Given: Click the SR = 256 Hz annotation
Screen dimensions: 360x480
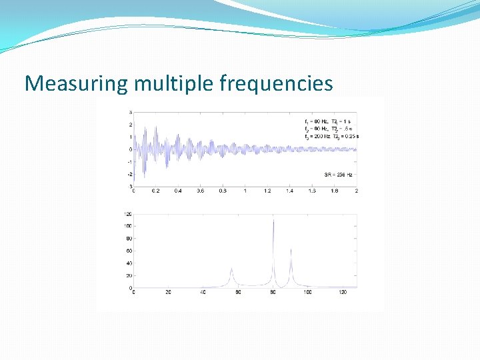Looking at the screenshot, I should pos(338,175).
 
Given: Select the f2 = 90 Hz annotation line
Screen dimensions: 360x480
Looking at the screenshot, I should pos(331,129).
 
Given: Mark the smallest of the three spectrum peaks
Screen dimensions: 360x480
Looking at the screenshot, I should pos(231,269).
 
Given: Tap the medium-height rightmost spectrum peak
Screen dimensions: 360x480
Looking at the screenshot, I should pos(291,251).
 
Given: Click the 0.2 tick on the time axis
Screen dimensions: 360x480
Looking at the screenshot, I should pos(155,191).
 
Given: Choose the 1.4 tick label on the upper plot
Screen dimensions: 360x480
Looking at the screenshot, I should pos(289,191).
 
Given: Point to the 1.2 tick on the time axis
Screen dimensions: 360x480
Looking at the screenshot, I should pos(267,191).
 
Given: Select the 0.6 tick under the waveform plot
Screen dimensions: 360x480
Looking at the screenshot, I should pos(200,191).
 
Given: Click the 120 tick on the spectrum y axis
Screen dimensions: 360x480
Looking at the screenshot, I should pos(127,214).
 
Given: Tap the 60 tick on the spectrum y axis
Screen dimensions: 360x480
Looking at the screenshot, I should pos(129,251).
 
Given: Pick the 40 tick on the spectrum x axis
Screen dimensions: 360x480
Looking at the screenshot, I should pos(203,292).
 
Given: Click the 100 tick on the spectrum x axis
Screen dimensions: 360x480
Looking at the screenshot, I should pos(307,292).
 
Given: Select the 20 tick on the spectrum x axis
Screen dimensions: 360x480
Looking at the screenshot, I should pos(168,292).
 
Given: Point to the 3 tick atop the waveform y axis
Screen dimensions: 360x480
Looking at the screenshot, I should pos(130,112).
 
